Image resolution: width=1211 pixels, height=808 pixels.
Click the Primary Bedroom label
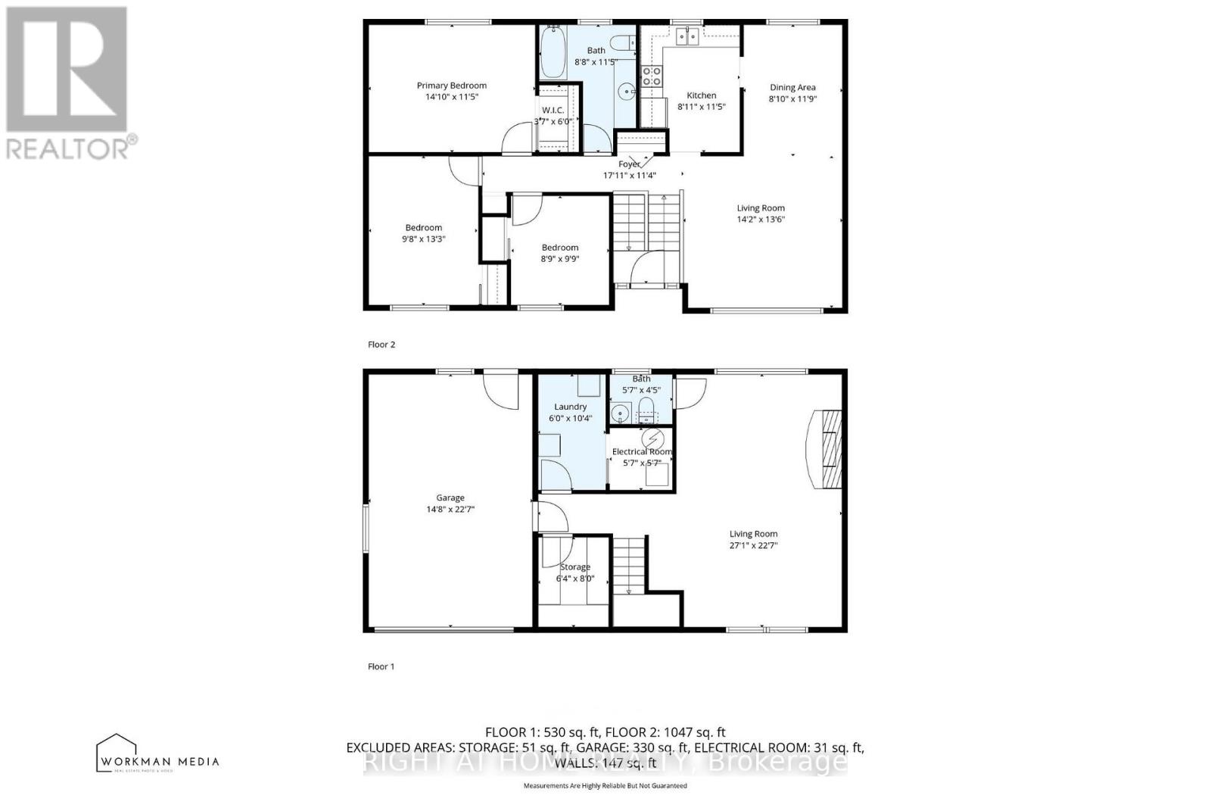(451, 86)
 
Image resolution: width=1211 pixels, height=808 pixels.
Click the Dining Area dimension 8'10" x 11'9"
(792, 98)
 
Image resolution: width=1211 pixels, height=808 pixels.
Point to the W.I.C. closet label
(553, 111)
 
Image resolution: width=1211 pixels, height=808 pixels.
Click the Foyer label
(629, 164)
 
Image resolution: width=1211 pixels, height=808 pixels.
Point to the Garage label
(450, 498)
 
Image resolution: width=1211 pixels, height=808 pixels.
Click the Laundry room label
(570, 407)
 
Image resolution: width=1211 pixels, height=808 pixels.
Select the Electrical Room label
(641, 451)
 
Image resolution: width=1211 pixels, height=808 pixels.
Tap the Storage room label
(574, 566)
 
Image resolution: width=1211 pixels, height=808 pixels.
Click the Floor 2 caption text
(381, 345)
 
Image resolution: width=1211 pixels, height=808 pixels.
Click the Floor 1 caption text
(381, 666)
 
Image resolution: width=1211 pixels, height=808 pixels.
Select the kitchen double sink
(687, 36)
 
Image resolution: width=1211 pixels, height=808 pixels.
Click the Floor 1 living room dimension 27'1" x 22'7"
(753, 545)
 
